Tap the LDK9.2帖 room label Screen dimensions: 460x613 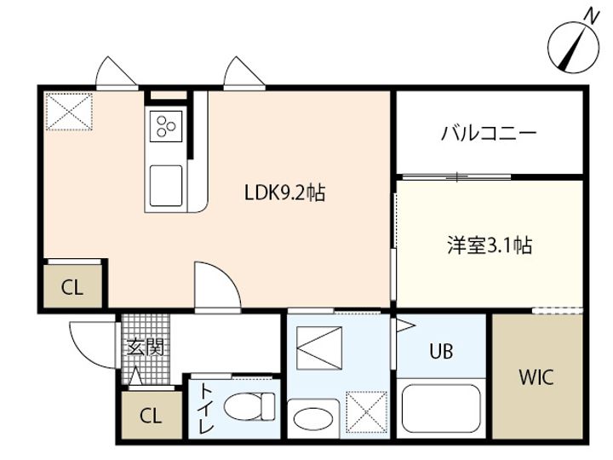click(284, 193)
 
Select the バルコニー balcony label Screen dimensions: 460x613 click(488, 134)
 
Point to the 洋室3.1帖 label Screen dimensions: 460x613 click(490, 245)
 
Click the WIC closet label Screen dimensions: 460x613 click(536, 377)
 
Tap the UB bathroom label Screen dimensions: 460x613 click(440, 350)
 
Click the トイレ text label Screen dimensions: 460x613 click(207, 409)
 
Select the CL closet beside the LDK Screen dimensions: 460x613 click(72, 287)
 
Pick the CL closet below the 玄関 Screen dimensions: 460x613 click(150, 417)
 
